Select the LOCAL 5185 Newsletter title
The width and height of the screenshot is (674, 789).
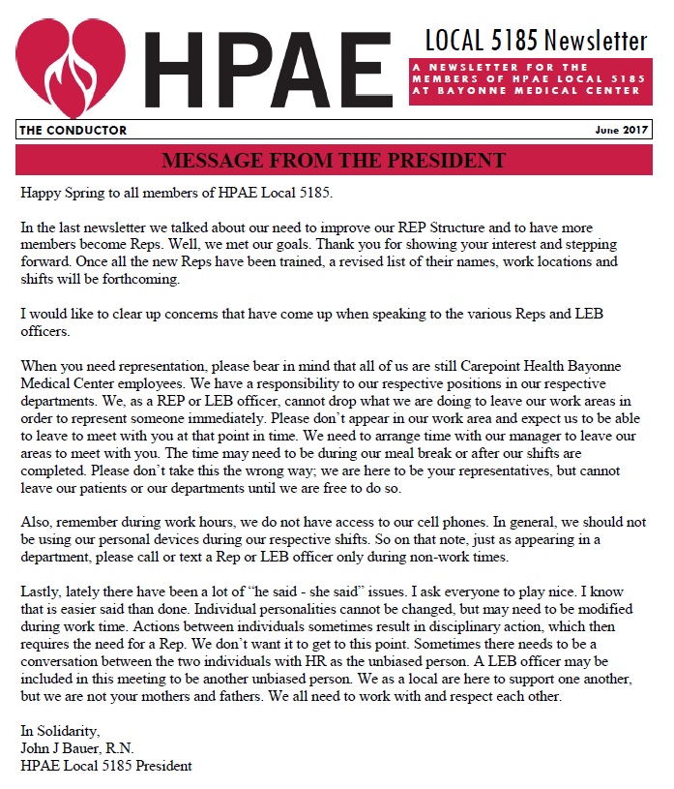pyautogui.click(x=536, y=42)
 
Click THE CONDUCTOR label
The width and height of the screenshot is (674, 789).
pyautogui.click(x=73, y=131)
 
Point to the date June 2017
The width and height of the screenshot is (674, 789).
pyautogui.click(x=620, y=131)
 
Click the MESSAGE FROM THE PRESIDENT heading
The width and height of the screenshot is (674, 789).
pyautogui.click(x=334, y=160)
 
